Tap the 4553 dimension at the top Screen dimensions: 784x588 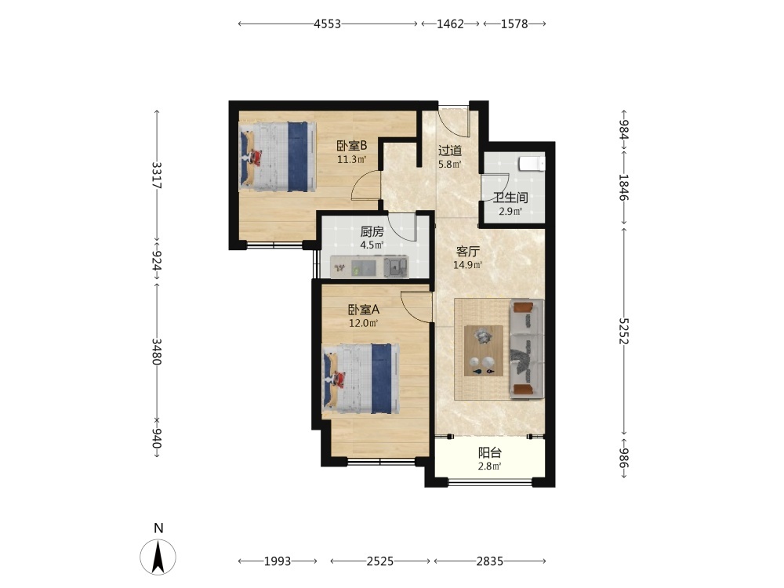tap(328, 24)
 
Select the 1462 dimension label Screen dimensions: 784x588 tap(451, 24)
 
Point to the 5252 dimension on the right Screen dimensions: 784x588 tap(623, 331)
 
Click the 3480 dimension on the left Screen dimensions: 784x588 tap(157, 351)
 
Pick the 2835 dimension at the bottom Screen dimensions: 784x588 tap(489, 561)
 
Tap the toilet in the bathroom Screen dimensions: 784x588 tap(531, 164)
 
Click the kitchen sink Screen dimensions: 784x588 tap(396, 267)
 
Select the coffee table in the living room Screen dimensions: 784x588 tap(484, 350)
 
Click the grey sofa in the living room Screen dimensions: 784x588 tap(527, 349)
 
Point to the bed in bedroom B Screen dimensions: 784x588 tap(278, 157)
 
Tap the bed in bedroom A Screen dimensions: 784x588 tap(361, 379)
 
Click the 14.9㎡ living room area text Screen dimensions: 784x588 tap(467, 265)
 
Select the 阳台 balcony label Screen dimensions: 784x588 tap(489, 453)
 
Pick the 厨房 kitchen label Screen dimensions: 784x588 tap(372, 231)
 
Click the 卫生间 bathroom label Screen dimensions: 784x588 tap(510, 198)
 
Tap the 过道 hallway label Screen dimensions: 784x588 tap(449, 151)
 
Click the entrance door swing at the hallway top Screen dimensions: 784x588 tap(454, 121)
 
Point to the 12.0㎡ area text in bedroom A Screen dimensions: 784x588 tap(363, 323)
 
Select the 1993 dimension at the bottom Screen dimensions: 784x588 tap(278, 561)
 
